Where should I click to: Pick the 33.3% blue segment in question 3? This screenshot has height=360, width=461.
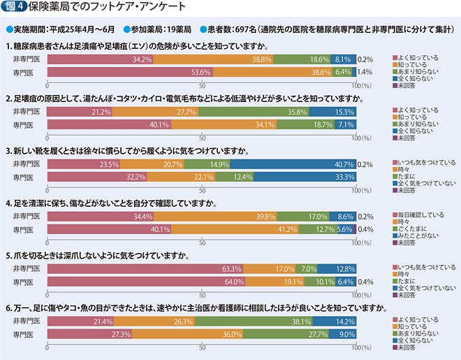pos(305,177)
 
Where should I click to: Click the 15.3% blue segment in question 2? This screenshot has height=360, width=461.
pos(333,112)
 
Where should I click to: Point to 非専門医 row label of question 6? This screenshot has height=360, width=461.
pos(27,321)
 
